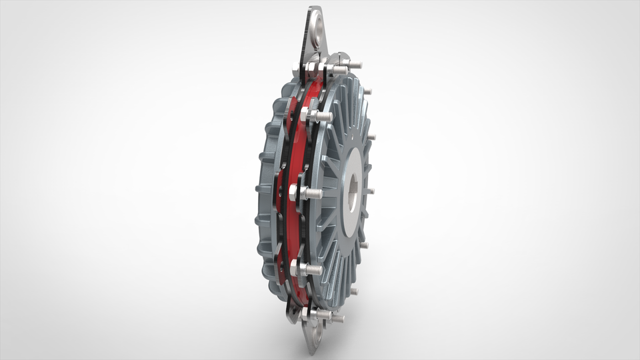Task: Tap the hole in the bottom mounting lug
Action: click(x=316, y=331)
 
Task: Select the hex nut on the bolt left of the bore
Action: click(x=295, y=193)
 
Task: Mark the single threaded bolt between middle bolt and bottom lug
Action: click(x=315, y=270)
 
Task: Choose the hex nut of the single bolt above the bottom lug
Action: click(x=297, y=268)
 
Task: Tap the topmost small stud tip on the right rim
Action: click(x=367, y=91)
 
